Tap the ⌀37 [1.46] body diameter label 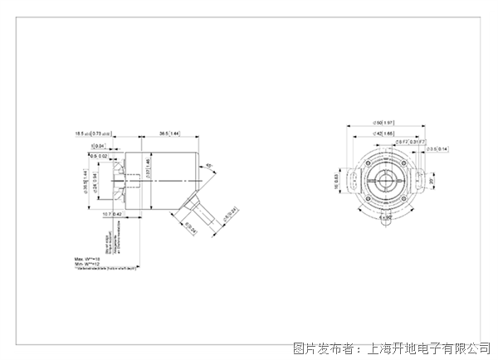(148, 171)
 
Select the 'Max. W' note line (89, 260)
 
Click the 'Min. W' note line (89, 265)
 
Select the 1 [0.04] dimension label (99, 147)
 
